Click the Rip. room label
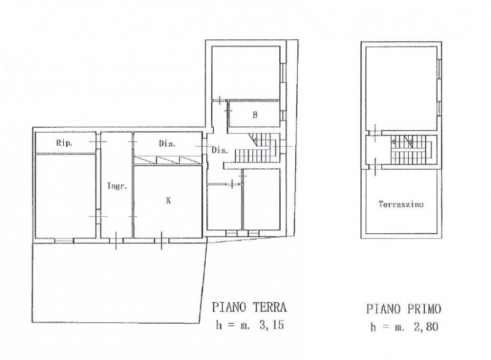(64, 143)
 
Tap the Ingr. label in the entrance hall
(117, 186)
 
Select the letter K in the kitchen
(168, 200)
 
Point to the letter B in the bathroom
(255, 115)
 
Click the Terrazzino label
(401, 205)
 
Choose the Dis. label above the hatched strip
(167, 144)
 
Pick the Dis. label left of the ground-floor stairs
(220, 151)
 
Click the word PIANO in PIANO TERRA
(229, 307)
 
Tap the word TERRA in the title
(269, 307)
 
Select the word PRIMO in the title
(424, 309)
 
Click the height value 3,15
(271, 324)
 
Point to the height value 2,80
(425, 327)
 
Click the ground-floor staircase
(257, 148)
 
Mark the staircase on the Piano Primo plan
(411, 150)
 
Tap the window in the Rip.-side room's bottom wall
(64, 241)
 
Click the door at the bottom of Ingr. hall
(116, 241)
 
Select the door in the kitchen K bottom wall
(161, 241)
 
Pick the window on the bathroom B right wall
(283, 115)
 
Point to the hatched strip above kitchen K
(168, 160)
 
